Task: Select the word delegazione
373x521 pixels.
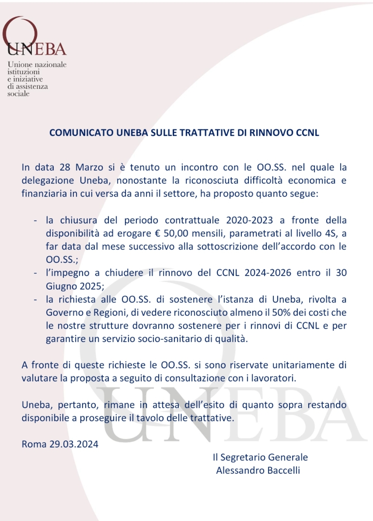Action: click(48, 180)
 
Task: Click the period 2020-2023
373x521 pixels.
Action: click(249, 220)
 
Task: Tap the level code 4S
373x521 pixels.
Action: click(330, 233)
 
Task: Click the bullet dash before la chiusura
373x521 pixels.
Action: click(35, 221)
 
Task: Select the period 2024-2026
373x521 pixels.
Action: click(268, 273)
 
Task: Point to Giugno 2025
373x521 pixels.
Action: click(74, 286)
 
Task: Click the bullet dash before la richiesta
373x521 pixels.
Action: click(35, 299)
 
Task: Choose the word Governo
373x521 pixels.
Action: click(62, 313)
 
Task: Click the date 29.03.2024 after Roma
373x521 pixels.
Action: click(74, 444)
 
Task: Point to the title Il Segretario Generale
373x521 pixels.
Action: click(260, 457)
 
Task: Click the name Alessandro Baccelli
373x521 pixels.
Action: click(258, 471)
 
